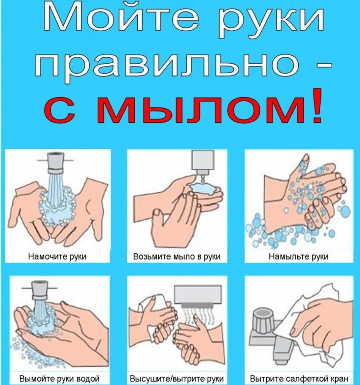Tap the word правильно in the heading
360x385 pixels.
160,65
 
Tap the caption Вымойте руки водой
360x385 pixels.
58,379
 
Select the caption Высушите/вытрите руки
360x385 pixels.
177,379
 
